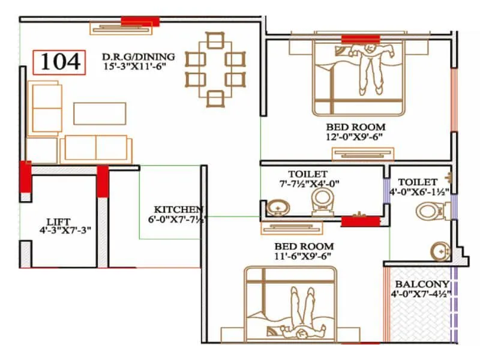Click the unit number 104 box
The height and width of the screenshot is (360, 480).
pos(59,62)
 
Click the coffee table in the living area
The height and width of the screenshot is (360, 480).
pos(100,113)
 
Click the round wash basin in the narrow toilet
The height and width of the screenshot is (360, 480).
pos(440,251)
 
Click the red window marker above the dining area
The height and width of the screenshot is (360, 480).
pos(140,22)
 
